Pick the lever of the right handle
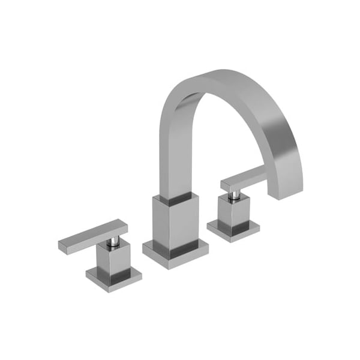243,178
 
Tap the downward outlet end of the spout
286,186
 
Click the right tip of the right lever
265,173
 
